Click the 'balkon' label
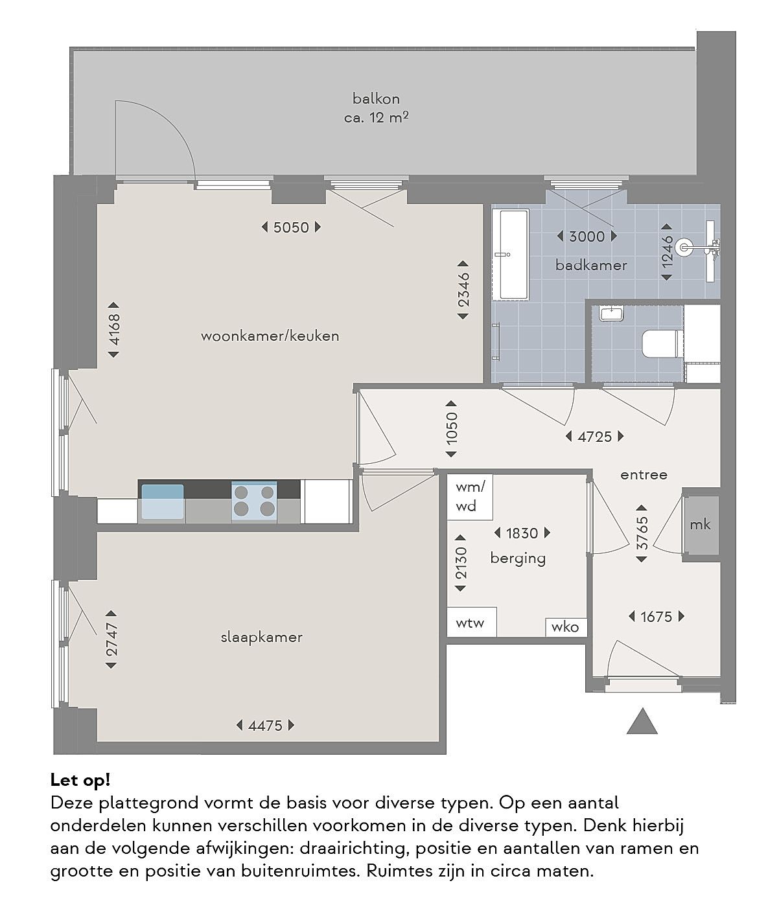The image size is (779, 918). click(376, 98)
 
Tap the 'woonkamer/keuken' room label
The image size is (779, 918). click(270, 336)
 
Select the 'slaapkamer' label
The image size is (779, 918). click(261, 637)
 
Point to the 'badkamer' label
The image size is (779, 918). click(591, 265)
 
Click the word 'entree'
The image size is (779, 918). click(644, 475)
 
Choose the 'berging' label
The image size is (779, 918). click(518, 558)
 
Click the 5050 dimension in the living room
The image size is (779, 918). click(290, 227)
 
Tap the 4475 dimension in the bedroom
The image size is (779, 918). click(265, 726)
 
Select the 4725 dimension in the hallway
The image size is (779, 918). click(594, 437)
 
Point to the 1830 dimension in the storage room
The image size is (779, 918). click(522, 533)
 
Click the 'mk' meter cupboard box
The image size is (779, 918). click(701, 525)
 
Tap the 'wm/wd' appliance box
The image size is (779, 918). click(470, 497)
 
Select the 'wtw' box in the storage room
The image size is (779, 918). click(472, 622)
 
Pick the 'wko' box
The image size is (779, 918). click(566, 627)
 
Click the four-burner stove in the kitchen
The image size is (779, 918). click(254, 501)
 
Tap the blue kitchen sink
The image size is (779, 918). click(162, 502)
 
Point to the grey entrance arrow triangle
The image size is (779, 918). click(642, 721)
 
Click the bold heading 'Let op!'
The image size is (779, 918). click(80, 780)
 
